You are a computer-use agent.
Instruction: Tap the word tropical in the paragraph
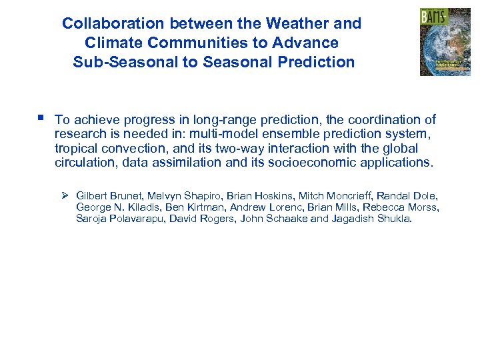pyautogui.click(x=76, y=149)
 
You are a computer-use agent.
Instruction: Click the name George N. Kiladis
pyautogui.click(x=117, y=207)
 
